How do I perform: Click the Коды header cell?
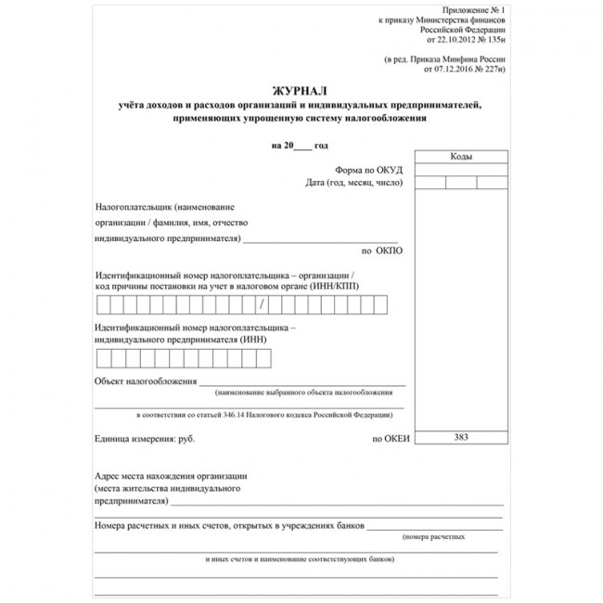pyautogui.click(x=461, y=157)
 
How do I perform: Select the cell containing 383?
pyautogui.click(x=461, y=436)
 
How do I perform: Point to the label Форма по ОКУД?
pyautogui.click(x=370, y=170)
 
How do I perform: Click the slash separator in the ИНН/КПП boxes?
pyautogui.click(x=263, y=304)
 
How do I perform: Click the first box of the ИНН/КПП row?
pyautogui.click(x=103, y=304)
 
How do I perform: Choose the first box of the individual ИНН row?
pyautogui.click(x=103, y=358)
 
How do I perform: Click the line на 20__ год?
pyautogui.click(x=300, y=146)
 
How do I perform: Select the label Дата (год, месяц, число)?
pyautogui.click(x=355, y=183)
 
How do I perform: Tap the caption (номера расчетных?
pyautogui.click(x=433, y=537)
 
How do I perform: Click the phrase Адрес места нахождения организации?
pyautogui.click(x=171, y=475)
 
